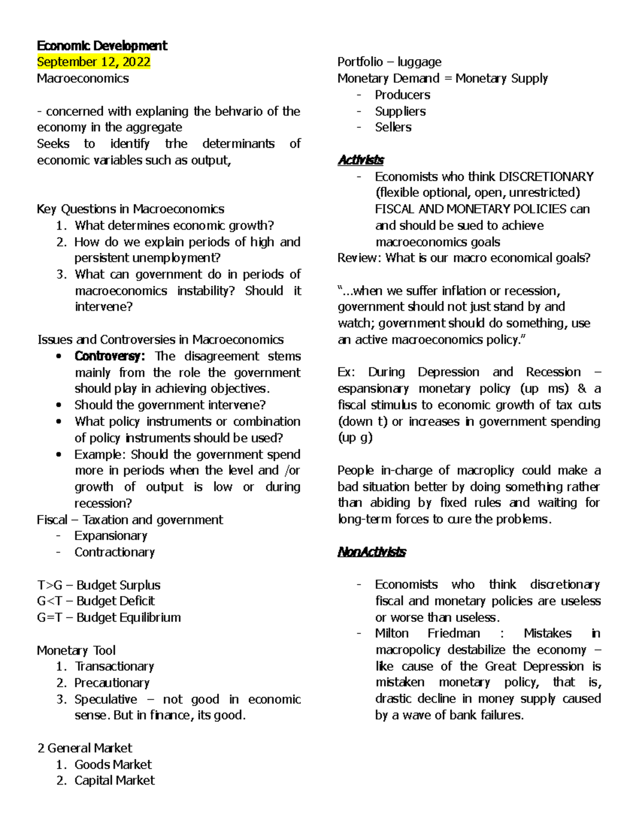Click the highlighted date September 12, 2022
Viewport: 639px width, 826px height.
tap(94, 62)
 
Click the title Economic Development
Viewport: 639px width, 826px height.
tap(102, 46)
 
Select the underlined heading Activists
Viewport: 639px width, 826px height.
tap(361, 160)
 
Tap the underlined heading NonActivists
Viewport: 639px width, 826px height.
tap(371, 552)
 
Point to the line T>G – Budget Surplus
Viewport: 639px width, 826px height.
tap(99, 585)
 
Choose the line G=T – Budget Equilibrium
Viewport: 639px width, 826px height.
tap(109, 617)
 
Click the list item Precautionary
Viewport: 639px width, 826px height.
tap(112, 682)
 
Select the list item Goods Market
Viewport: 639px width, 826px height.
tap(113, 764)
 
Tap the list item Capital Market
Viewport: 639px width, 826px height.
tap(114, 780)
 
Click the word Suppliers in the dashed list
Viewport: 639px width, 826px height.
tap(400, 111)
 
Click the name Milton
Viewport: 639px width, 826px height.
tap(392, 633)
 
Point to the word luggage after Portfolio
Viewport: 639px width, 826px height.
tap(419, 62)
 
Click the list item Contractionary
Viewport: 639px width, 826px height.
tap(114, 552)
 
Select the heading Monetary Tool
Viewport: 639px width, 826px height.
tap(76, 650)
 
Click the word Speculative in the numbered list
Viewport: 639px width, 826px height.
tap(105, 699)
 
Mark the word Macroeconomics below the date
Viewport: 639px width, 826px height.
tap(83, 78)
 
